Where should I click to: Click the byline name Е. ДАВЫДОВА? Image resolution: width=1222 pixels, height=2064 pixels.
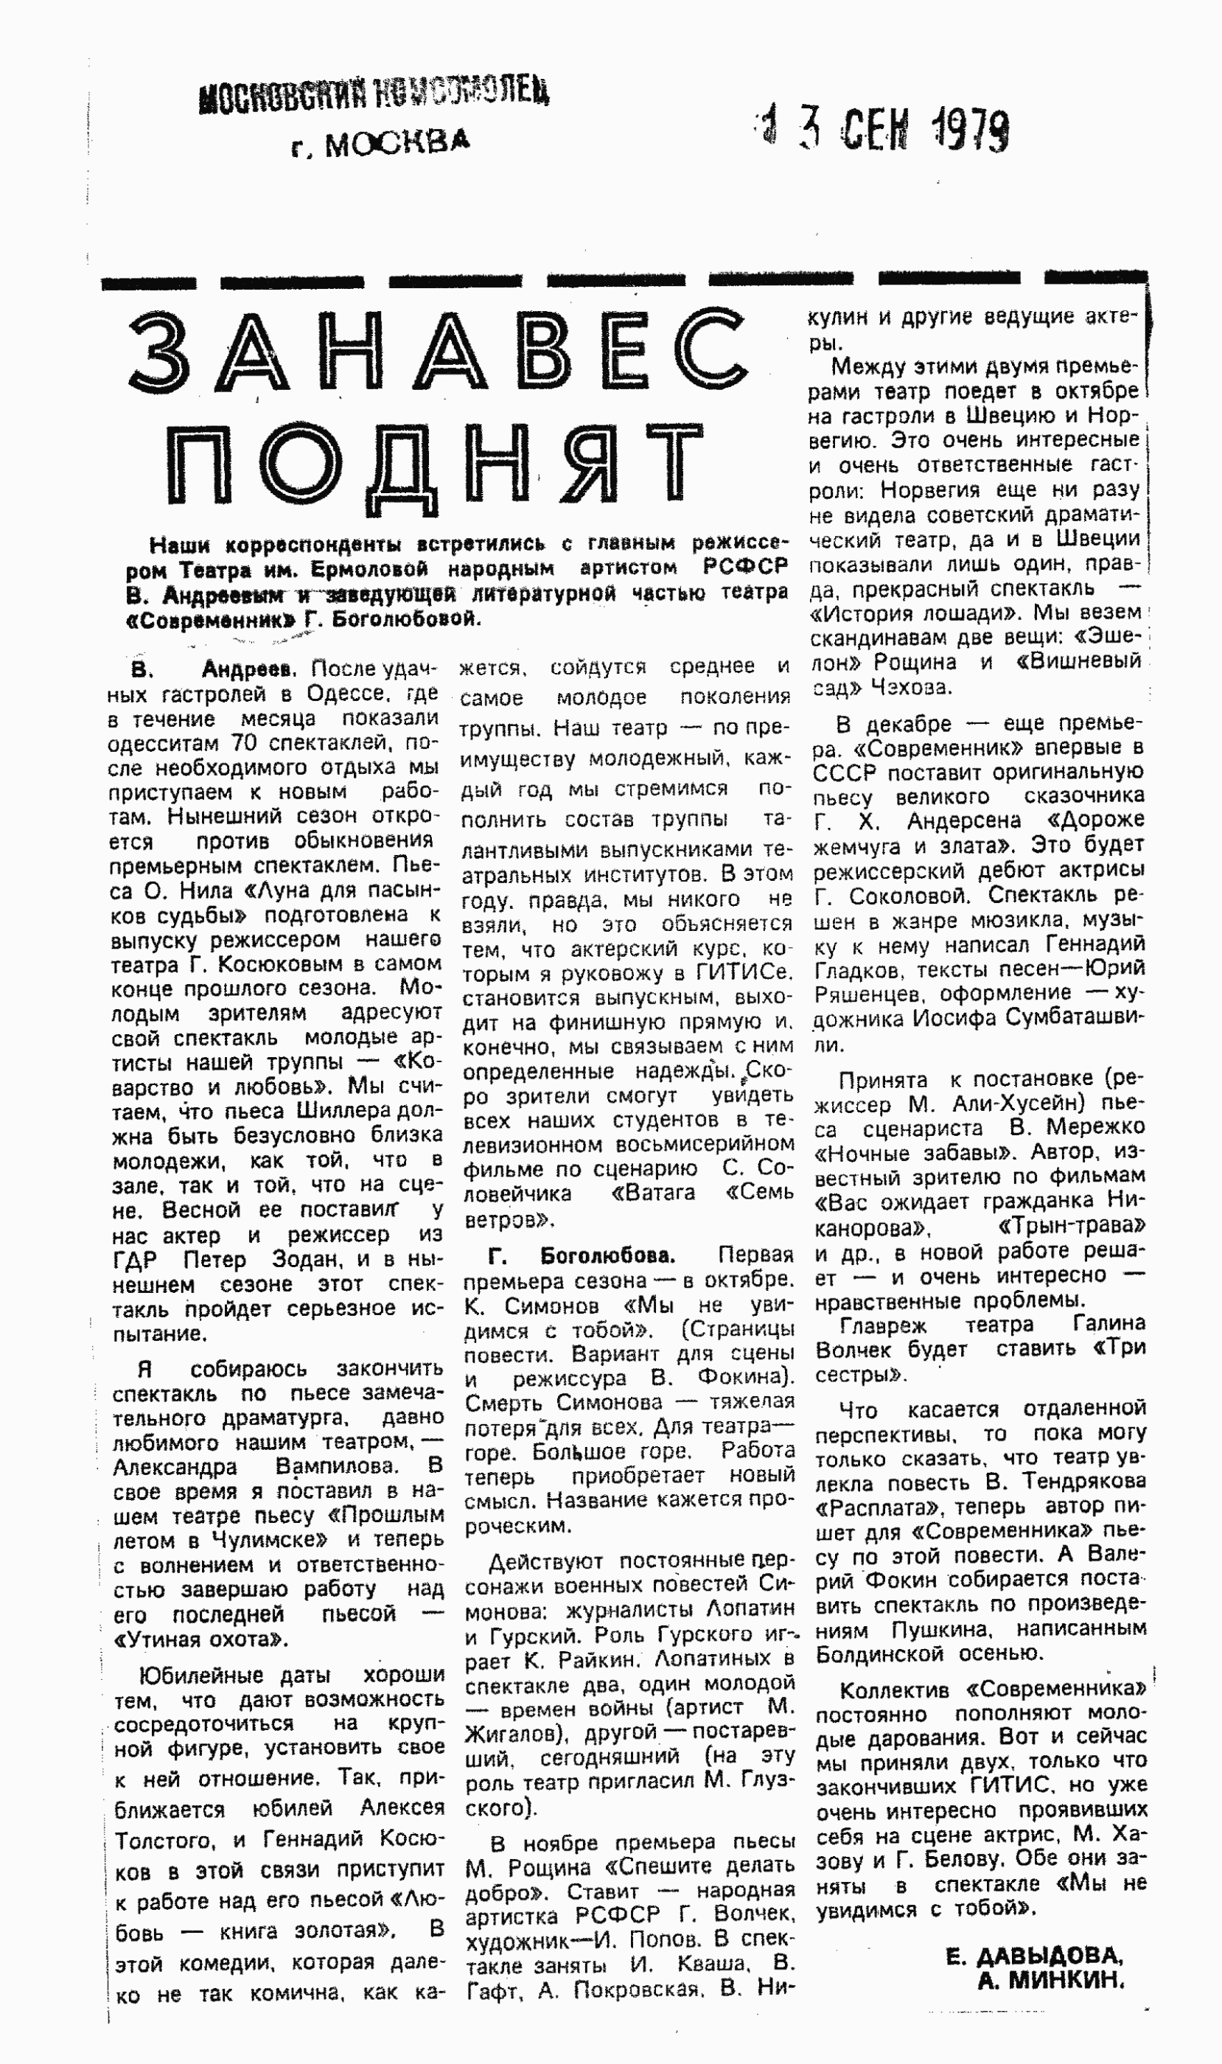[x=1034, y=1956]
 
